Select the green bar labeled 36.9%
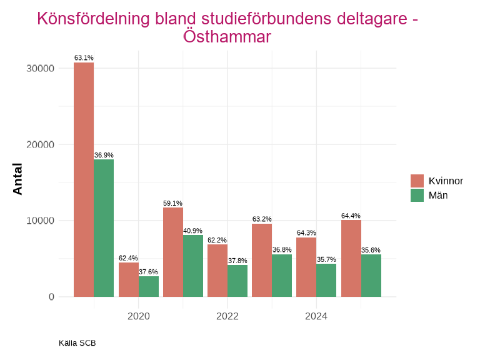[104, 228]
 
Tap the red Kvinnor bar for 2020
[129, 279]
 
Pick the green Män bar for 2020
[149, 286]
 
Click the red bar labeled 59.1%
[173, 252]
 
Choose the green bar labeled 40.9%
[193, 266]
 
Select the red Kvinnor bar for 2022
[217, 270]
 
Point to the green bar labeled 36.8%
[282, 275]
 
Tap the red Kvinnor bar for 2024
[306, 267]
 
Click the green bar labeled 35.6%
[371, 275]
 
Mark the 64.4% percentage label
[351, 216]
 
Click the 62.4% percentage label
[128, 258]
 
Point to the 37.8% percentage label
[237, 261]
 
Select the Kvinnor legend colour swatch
[417, 181]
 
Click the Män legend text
[438, 195]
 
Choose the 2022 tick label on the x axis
[227, 316]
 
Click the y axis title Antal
[17, 179]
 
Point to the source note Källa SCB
[77, 343]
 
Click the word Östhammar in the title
[227, 37]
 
